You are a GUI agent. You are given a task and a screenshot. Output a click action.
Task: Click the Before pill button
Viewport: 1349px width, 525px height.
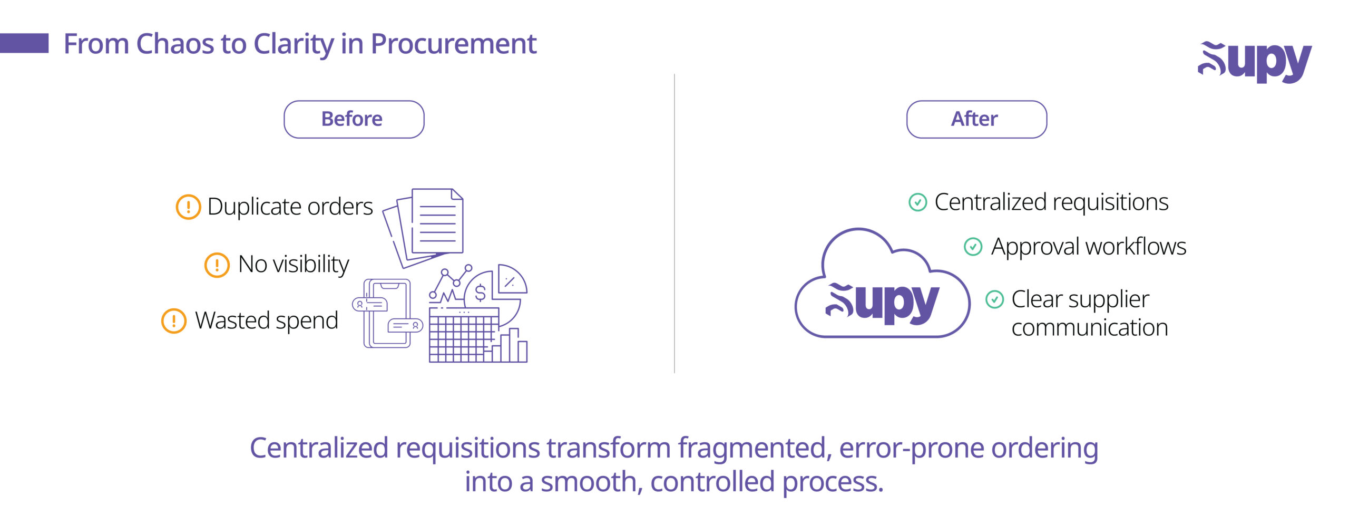coord(354,119)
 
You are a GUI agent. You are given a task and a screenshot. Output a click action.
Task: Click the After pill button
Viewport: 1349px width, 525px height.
coord(976,119)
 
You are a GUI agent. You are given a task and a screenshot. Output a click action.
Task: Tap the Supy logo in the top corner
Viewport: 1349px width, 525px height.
coord(1254,62)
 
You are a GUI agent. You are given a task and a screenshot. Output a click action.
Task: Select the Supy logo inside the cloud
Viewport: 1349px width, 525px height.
coord(882,303)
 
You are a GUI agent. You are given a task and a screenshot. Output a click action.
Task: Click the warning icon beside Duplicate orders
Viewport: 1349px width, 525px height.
coord(188,207)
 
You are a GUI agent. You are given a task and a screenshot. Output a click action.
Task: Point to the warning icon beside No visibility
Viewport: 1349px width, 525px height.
coord(217,265)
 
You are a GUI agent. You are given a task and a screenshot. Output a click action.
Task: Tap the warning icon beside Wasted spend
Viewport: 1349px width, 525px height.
coord(173,321)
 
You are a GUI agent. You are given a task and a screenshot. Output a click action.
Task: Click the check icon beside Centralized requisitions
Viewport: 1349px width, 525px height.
coord(917,202)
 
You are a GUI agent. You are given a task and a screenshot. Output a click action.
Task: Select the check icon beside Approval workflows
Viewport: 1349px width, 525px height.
coord(973,247)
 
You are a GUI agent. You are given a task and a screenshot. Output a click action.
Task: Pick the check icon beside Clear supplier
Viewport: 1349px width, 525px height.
coord(994,299)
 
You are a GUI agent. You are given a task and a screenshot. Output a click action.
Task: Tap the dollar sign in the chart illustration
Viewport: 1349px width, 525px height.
coord(480,292)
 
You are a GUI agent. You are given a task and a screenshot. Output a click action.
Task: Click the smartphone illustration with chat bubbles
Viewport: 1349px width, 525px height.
coord(388,314)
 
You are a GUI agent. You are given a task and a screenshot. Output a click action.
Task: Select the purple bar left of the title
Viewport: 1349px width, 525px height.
coord(24,43)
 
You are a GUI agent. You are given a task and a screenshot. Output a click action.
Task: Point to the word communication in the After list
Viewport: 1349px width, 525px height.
coord(1090,328)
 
